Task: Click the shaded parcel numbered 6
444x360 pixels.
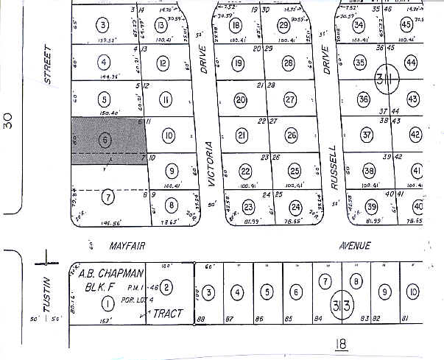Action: pos(108,139)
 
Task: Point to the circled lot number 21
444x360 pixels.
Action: pos(242,135)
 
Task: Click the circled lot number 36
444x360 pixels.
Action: pos(363,99)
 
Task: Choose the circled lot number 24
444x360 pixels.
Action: pos(295,206)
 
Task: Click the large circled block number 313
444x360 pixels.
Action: pos(344,305)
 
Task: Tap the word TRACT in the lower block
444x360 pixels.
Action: pos(166,314)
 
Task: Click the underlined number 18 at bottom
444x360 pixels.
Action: pos(339,343)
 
